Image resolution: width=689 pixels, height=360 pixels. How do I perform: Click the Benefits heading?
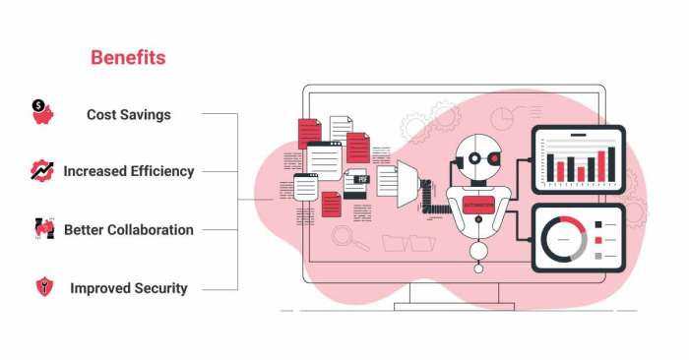(128, 58)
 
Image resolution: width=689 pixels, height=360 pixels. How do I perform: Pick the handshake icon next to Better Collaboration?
(42, 229)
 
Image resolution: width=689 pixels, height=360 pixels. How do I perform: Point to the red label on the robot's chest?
(478, 205)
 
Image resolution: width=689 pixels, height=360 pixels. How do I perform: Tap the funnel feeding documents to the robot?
(406, 185)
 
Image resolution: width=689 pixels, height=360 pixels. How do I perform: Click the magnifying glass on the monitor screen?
(344, 237)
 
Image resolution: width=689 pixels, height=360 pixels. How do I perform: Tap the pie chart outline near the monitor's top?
(505, 117)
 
